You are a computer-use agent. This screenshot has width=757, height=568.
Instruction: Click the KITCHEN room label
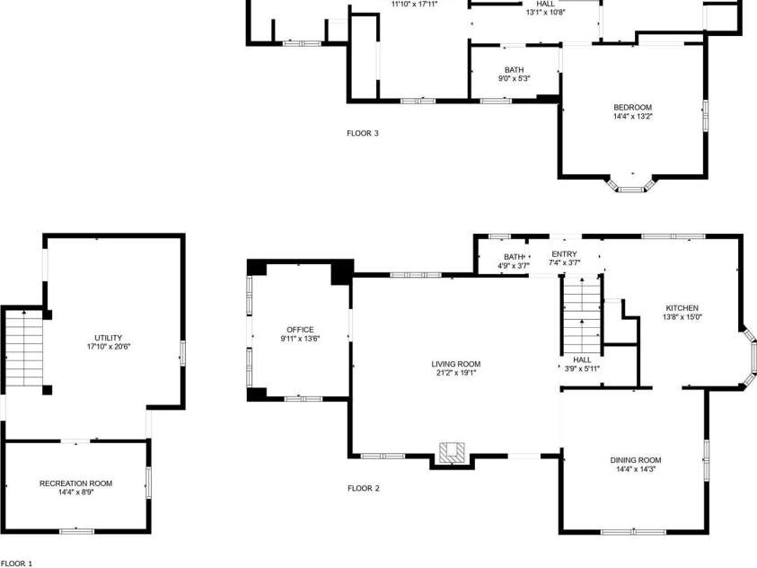pyautogui.click(x=681, y=307)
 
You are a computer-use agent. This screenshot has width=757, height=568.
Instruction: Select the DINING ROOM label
pyautogui.click(x=636, y=460)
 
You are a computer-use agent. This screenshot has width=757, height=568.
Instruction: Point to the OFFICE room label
pyautogui.click(x=300, y=329)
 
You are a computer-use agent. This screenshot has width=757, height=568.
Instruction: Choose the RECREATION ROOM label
pyautogui.click(x=75, y=484)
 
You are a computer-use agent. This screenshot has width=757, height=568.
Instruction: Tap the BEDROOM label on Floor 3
pyautogui.click(x=632, y=107)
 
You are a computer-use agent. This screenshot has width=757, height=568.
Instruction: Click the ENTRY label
pyautogui.click(x=564, y=254)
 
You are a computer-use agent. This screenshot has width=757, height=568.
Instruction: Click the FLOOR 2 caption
pyautogui.click(x=364, y=489)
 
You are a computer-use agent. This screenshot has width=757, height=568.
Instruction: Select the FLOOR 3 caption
pyautogui.click(x=363, y=134)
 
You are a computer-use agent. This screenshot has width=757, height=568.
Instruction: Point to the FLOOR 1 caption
pyautogui.click(x=16, y=564)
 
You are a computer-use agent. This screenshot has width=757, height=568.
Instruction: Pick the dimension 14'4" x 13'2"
pyautogui.click(x=632, y=116)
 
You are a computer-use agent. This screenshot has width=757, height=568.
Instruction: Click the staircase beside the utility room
pyautogui.click(x=24, y=346)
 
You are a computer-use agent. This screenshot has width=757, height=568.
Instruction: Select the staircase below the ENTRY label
pyautogui.click(x=581, y=319)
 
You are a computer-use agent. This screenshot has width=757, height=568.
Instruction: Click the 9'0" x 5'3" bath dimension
pyautogui.click(x=515, y=78)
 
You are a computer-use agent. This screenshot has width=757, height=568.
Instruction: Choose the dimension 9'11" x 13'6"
pyautogui.click(x=300, y=339)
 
